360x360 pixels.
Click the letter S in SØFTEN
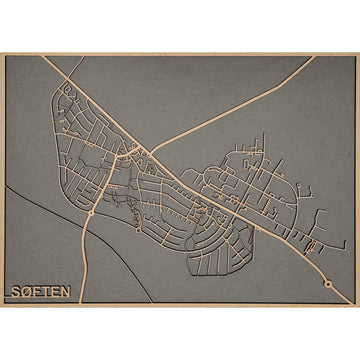coord(14,292)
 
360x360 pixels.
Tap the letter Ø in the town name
coord(25,292)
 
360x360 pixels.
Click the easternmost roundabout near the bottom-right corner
coord(328,283)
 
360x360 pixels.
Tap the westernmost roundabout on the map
coord(92,213)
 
